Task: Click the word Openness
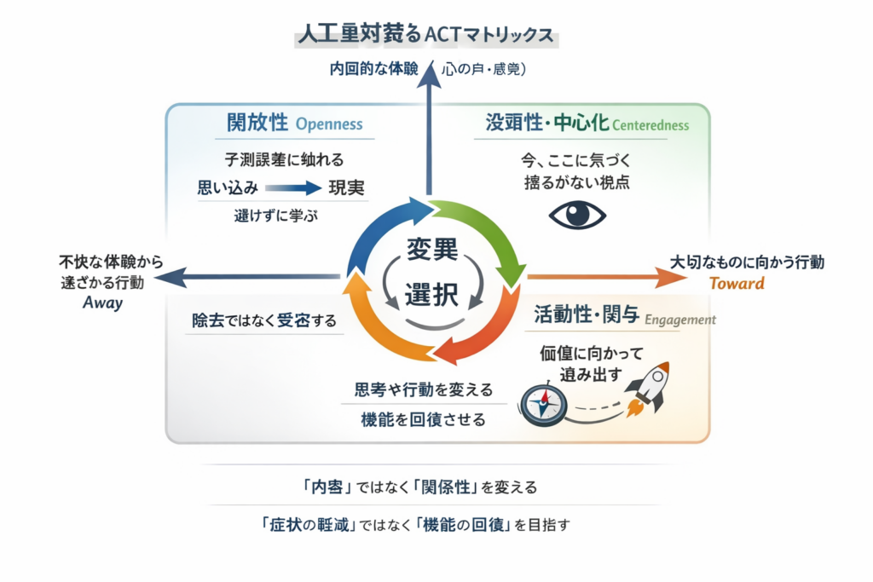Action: click(328, 124)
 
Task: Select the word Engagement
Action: click(680, 320)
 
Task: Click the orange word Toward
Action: click(737, 284)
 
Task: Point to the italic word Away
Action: click(103, 303)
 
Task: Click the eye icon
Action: click(577, 214)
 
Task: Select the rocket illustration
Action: click(650, 389)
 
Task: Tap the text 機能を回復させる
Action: click(424, 418)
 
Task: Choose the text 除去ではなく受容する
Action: click(264, 321)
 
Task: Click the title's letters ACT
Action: click(441, 37)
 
